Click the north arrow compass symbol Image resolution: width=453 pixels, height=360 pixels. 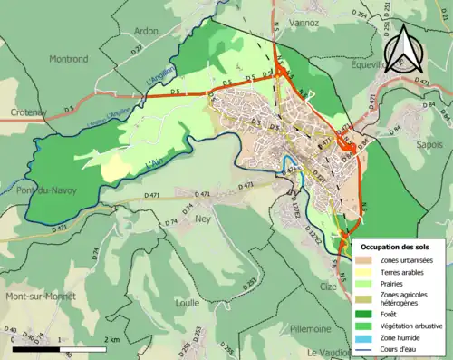pyautogui.click(x=403, y=50)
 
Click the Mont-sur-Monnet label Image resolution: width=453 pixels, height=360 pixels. pyautogui.click(x=41, y=297)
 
